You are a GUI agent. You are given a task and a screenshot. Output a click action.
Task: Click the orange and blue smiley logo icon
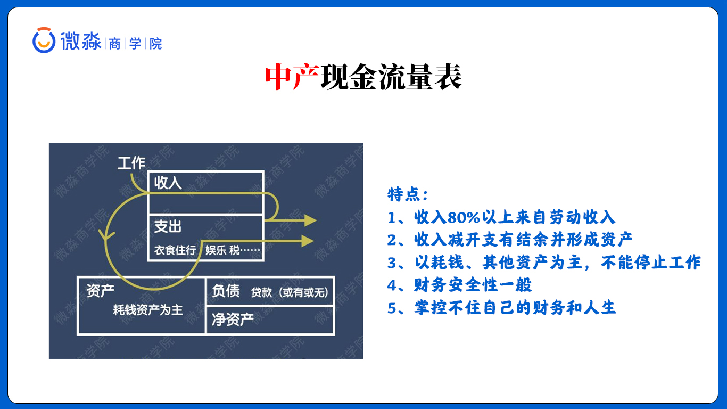point(44,40)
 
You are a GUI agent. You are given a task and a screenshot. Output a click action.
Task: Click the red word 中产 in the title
point(292,77)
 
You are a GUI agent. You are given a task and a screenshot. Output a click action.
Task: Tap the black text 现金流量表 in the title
point(391,77)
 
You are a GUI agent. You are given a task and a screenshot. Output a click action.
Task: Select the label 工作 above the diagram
point(131,163)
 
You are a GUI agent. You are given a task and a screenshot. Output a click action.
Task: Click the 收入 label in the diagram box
point(168,183)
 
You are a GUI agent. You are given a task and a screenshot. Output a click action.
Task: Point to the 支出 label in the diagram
point(168,226)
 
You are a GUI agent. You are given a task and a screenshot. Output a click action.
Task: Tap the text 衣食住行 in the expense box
point(175,250)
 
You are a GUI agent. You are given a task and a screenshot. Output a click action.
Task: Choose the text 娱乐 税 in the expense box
point(222,250)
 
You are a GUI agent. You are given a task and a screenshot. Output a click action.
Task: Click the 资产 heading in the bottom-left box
point(100,290)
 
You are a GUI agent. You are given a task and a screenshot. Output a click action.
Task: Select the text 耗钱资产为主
point(147,310)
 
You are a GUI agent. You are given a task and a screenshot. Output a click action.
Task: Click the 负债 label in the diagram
point(226,291)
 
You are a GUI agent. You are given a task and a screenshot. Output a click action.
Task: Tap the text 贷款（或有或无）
point(290,293)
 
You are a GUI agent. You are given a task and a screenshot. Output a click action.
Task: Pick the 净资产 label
point(233,320)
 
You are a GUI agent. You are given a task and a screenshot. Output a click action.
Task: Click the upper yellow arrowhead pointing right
point(311,220)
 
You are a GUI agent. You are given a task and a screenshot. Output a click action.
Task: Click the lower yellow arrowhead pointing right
point(308,241)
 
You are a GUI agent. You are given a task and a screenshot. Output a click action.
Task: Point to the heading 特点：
point(408,194)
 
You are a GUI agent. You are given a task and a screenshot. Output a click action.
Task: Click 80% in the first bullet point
point(464,217)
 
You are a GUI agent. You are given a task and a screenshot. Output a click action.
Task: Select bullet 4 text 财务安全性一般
point(473,285)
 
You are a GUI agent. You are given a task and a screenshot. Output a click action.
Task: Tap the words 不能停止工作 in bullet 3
point(651,263)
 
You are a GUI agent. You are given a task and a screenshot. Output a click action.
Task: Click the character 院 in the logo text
point(156,44)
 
